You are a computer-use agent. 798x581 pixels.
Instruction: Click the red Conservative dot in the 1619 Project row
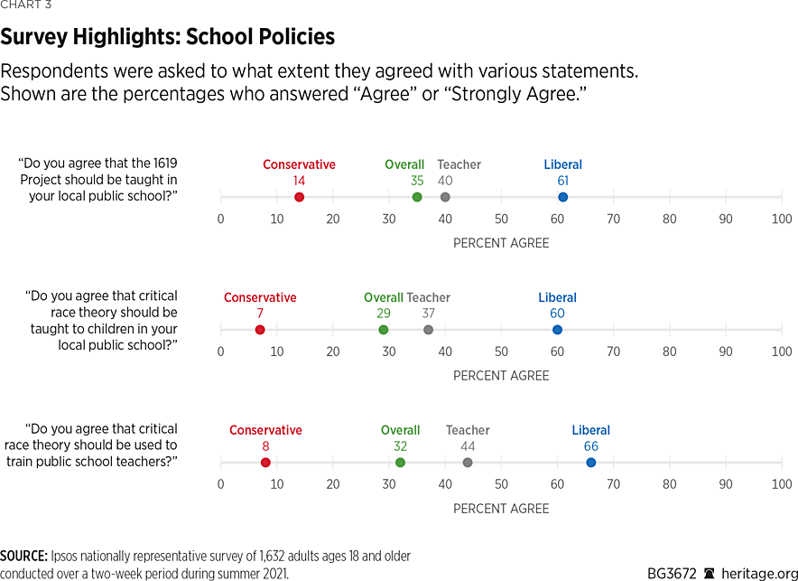pos(299,197)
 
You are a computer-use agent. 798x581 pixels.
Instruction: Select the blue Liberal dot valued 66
pos(591,463)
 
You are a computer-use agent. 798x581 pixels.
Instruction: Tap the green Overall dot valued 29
pos(384,330)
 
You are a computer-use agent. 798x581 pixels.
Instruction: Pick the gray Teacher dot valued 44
pos(468,463)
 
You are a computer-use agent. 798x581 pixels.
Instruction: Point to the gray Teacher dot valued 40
pos(445,197)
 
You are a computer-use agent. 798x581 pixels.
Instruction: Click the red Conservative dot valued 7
pos(260,330)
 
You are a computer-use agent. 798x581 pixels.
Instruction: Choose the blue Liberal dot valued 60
pos(557,330)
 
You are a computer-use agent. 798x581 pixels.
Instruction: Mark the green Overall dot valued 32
pos(400,463)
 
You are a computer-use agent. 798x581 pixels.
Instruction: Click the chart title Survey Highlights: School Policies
pos(168,37)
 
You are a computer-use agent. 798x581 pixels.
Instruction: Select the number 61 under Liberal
pos(562,181)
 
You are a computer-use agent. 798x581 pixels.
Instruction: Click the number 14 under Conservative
pos(299,181)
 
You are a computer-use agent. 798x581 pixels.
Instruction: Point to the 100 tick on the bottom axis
pos(782,484)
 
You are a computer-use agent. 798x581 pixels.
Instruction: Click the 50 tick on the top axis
pos(501,219)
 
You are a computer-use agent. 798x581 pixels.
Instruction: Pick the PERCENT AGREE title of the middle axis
pos(501,376)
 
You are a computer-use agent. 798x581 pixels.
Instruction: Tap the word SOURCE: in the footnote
pos(23,557)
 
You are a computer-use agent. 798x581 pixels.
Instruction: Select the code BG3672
pos(672,573)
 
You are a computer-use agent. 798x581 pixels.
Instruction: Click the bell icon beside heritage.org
pos(710,573)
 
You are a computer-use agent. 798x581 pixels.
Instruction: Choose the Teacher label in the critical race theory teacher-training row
pos(468,430)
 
